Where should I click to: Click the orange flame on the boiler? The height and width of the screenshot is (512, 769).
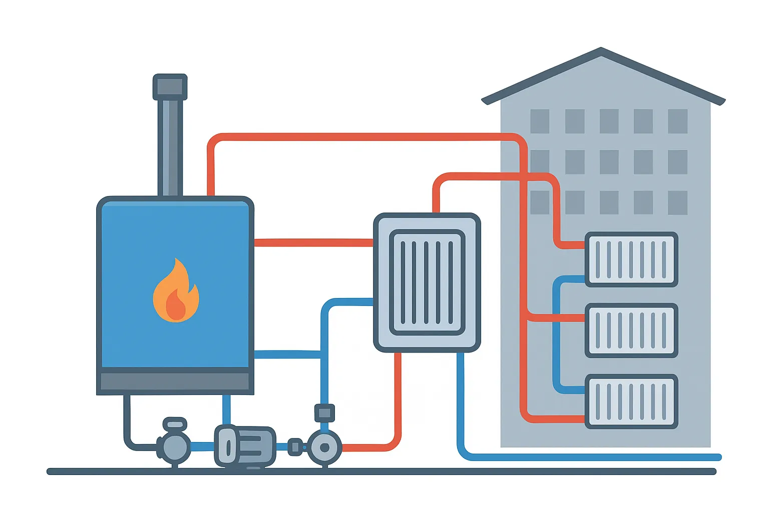[176, 292]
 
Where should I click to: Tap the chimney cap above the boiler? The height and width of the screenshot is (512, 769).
[170, 87]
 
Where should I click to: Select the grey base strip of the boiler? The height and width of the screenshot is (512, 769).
[175, 381]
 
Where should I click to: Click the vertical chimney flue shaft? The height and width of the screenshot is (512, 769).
[170, 147]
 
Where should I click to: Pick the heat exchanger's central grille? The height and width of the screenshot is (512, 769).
[427, 282]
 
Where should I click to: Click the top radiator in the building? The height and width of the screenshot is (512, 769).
[631, 259]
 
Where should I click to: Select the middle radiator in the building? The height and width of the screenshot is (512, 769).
[631, 330]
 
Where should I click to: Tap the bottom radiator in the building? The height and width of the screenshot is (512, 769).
[631, 401]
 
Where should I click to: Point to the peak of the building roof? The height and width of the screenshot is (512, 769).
[601, 50]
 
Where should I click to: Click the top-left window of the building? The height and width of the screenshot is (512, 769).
[540, 121]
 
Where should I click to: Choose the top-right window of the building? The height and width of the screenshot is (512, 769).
[677, 121]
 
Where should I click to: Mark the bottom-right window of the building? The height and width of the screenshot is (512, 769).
[677, 202]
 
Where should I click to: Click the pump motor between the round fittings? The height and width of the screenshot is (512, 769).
[245, 445]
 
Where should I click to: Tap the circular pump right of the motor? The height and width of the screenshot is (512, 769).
[324, 447]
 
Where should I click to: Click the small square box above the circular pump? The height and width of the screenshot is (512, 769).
[324, 413]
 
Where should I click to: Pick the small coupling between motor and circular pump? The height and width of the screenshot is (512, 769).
[295, 447]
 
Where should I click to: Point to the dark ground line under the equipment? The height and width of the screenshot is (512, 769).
[380, 471]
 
